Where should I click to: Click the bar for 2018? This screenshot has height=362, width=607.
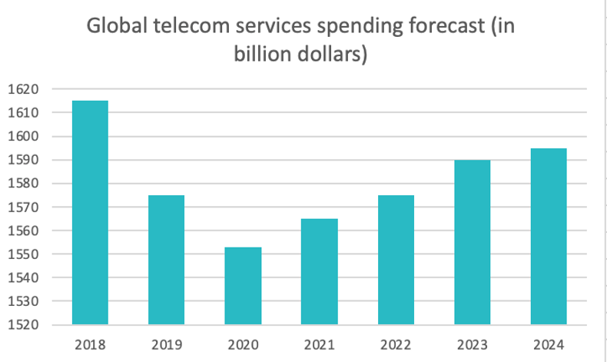tap(90, 212)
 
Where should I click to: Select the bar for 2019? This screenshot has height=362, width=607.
tap(166, 260)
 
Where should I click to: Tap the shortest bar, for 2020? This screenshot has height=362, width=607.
tap(243, 285)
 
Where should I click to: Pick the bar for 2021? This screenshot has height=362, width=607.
tap(320, 271)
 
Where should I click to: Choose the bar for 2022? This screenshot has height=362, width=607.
tap(396, 260)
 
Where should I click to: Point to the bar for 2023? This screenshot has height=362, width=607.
tap(472, 242)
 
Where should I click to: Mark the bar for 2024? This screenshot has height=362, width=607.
tap(549, 236)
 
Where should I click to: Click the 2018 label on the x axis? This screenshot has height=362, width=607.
tap(90, 344)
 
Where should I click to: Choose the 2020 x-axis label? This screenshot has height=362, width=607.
tap(243, 344)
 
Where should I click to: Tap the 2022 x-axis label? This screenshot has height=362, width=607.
tap(396, 344)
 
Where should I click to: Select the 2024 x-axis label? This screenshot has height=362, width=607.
tap(549, 344)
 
